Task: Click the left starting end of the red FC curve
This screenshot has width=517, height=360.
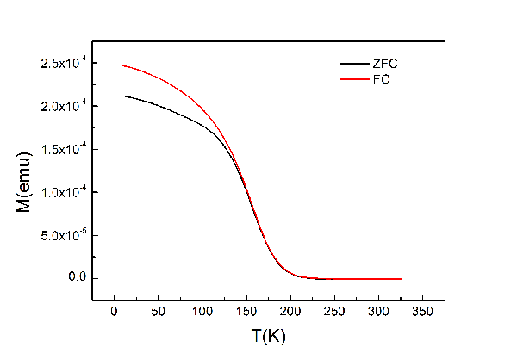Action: pos(122,65)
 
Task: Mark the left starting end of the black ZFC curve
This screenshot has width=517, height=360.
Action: pos(122,96)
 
